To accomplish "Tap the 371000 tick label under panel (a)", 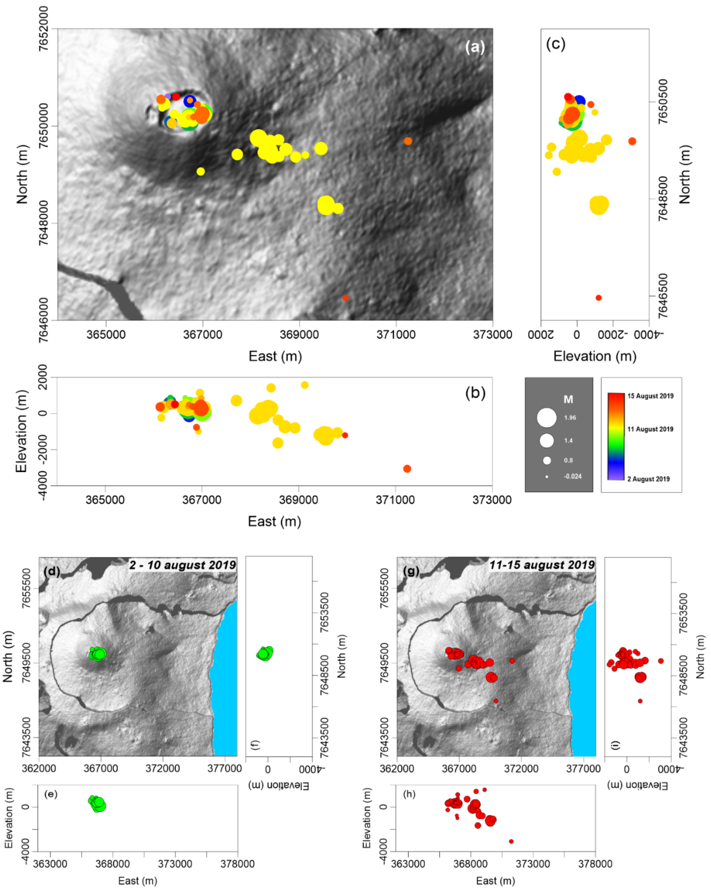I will (x=396, y=334).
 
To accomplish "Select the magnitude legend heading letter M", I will (x=568, y=399).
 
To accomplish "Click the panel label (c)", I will (x=555, y=44).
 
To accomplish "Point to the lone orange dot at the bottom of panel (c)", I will (x=598, y=297).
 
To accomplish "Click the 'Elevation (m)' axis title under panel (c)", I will (x=595, y=356).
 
